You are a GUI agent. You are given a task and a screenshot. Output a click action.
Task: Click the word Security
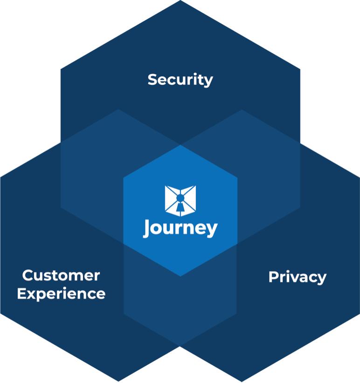point(180,80)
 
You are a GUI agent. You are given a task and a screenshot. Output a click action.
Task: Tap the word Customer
point(61,275)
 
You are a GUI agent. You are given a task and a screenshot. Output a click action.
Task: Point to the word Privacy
point(297,277)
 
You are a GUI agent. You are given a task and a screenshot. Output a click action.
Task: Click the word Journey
point(180,229)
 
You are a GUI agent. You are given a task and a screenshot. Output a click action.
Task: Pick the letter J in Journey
point(148,228)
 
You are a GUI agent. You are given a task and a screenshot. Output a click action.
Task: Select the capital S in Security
point(152,80)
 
